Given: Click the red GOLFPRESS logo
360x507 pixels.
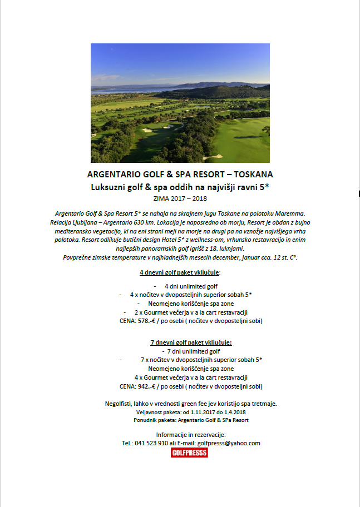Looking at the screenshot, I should click(x=189, y=453).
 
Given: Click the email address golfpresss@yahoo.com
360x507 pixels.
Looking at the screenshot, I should click(x=229, y=443).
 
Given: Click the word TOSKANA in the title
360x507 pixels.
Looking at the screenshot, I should click(x=254, y=174).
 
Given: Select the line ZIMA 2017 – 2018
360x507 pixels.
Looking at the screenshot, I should click(x=180, y=197).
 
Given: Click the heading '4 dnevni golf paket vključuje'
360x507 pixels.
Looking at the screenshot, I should click(x=179, y=274).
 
